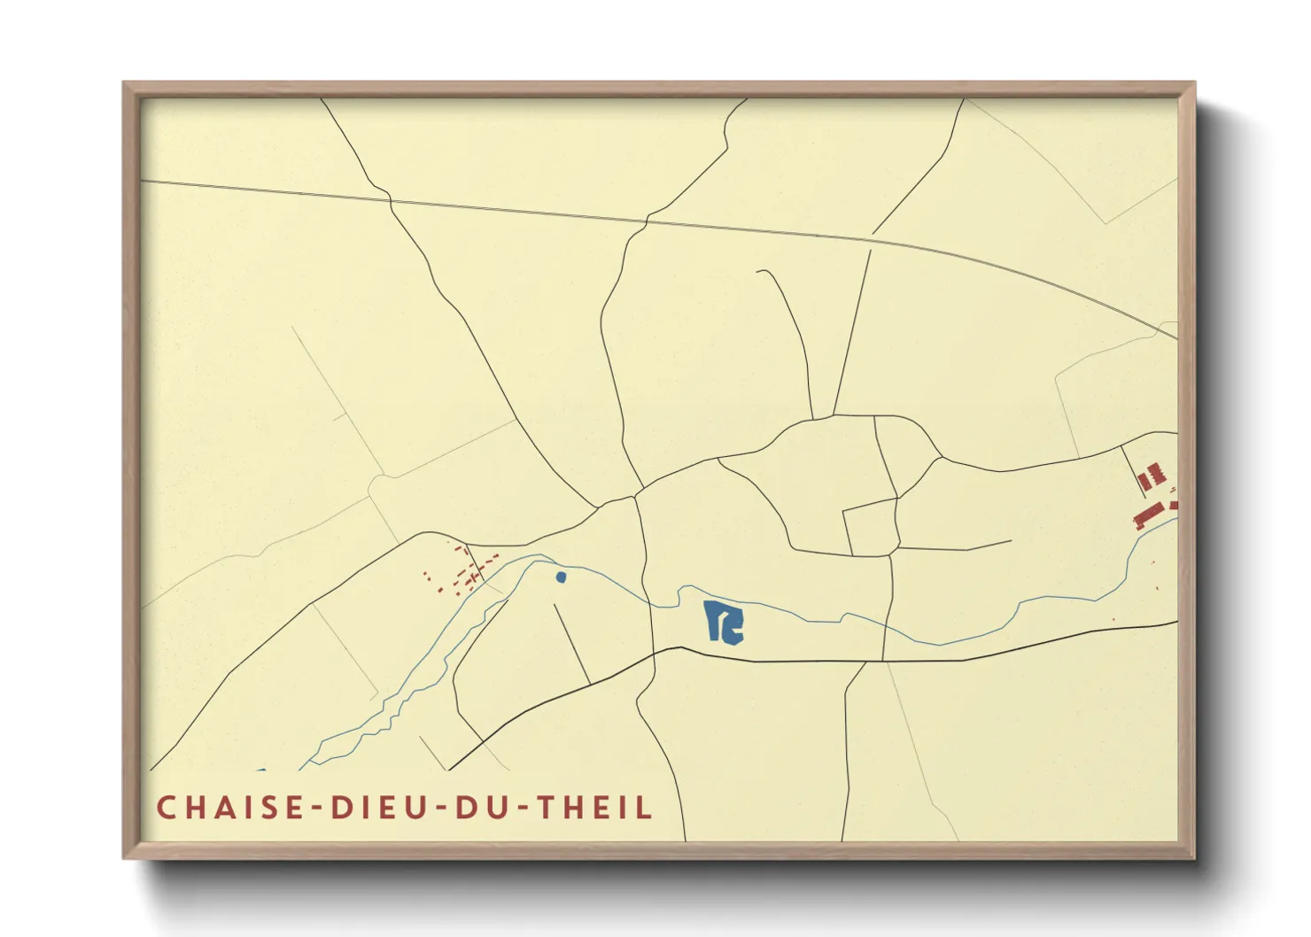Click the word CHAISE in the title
pos(229,808)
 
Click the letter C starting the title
pos(166,808)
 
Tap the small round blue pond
pos(561,577)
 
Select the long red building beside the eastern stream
pos(1148,515)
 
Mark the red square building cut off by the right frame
pos(1175,504)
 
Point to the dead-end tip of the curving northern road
pos(758,271)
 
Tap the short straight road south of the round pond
pos(571,643)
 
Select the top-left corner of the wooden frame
pos(124,83)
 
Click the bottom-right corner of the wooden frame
pos(1194,857)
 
